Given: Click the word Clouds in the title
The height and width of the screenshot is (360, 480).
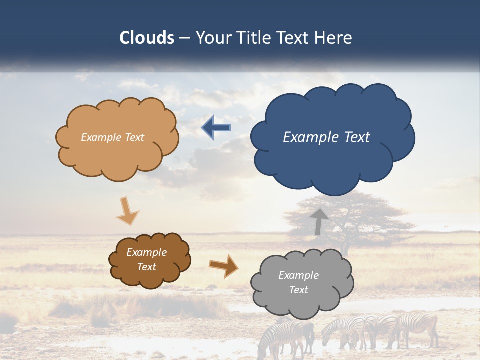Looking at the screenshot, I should (147, 38).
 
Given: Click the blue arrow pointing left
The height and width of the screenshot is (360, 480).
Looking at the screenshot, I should (216, 127).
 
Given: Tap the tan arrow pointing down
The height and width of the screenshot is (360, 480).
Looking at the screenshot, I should (127, 210).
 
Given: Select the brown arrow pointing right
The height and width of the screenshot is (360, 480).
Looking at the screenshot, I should (223, 265).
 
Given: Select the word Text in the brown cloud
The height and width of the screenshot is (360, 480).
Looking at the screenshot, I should (147, 267).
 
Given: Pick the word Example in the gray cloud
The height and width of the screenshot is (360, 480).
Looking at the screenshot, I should (298, 275).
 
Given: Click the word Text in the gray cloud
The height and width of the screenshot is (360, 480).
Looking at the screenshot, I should (298, 290).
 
